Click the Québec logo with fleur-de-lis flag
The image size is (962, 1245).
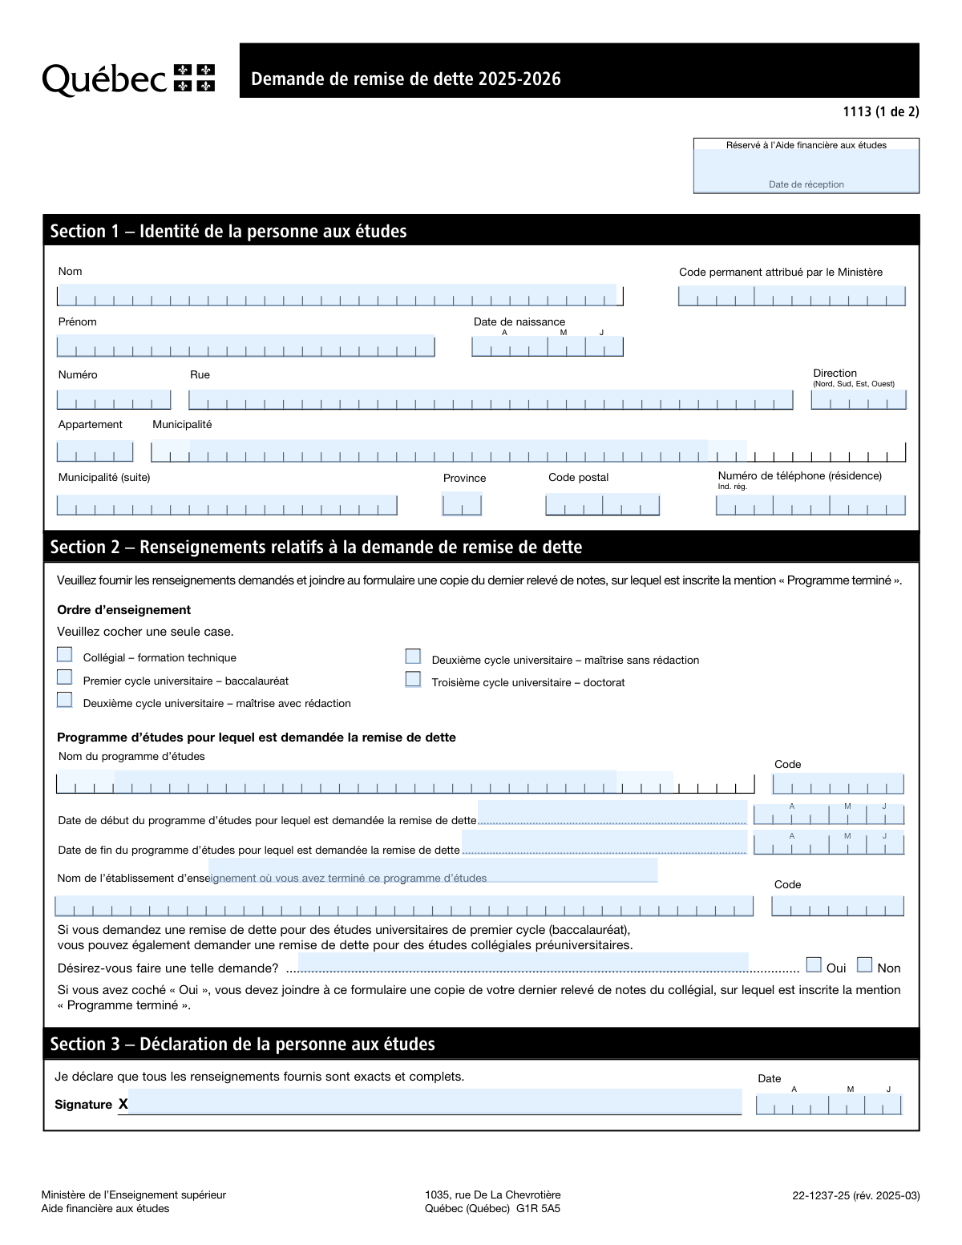[128, 79]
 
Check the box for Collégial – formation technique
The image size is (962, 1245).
[65, 655]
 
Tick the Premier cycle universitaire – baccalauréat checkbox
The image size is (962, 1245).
[65, 677]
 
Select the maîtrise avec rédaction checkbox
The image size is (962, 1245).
[65, 700]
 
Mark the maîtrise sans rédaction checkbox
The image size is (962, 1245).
[413, 657]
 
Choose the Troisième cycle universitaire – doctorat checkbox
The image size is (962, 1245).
[413, 679]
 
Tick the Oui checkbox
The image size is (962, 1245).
[814, 964]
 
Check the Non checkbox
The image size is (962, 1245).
[864, 964]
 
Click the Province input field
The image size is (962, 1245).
[462, 505]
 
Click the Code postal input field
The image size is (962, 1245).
[602, 505]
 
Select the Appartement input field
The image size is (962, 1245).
[95, 452]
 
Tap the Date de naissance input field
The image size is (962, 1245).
[547, 346]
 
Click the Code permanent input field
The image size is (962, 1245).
[791, 296]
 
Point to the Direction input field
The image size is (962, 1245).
[858, 399]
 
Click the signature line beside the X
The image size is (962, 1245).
[435, 1102]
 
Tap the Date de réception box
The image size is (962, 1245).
[806, 170]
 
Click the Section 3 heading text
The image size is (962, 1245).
[242, 1044]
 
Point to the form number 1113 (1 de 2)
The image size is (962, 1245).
[880, 111]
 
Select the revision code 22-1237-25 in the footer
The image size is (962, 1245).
[820, 1195]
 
